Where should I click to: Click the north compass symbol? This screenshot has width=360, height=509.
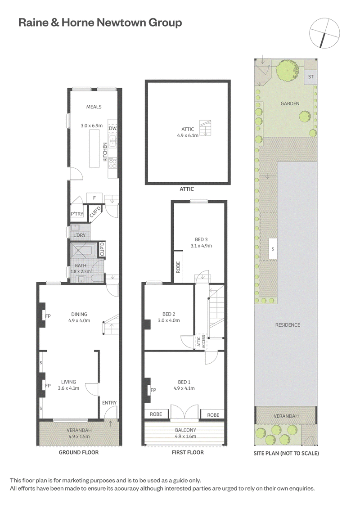coord(324,33)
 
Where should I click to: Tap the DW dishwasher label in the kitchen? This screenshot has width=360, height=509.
coord(112,129)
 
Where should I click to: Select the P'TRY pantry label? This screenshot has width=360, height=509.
coord(77,214)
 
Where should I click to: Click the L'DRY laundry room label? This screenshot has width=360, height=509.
coord(79,235)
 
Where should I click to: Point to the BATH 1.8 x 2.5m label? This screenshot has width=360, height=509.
coord(81,269)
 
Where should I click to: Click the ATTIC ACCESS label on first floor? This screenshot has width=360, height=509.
coord(201,342)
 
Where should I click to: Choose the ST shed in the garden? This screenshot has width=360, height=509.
coord(310,77)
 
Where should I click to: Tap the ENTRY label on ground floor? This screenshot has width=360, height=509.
coord(109,402)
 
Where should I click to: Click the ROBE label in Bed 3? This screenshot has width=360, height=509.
coord(178,267)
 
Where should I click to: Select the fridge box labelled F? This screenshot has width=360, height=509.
coord(94,198)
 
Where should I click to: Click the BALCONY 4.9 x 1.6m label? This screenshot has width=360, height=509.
coord(186,433)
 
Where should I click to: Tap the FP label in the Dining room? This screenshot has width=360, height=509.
coord(48,316)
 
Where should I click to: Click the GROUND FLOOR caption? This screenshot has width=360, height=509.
coord(79,452)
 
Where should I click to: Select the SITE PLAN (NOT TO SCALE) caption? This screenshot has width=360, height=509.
coord(286,453)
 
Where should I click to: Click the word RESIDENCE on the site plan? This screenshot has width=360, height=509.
coord(288,325)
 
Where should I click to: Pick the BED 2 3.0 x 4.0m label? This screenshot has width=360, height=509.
coord(169,317)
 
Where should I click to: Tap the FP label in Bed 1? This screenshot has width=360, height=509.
coord(153,390)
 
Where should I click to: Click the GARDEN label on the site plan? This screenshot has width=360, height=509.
coord(290,104)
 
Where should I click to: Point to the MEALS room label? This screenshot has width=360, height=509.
coord(94,107)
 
